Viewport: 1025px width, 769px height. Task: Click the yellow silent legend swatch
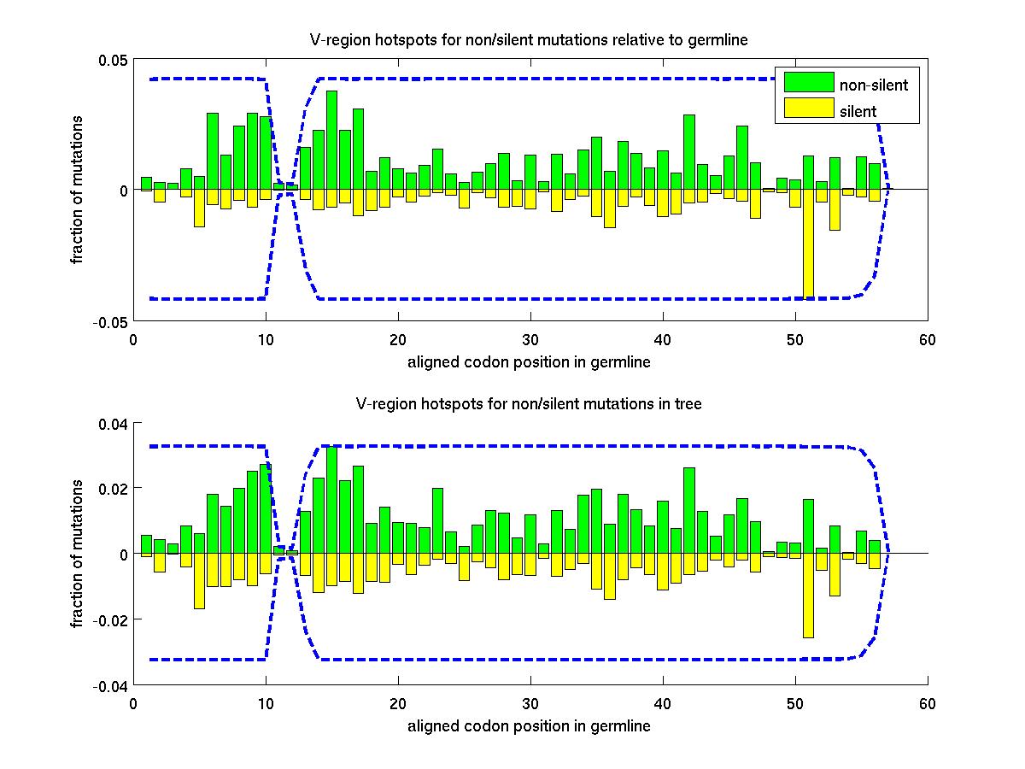click(x=808, y=108)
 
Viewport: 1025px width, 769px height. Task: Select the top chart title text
click(x=529, y=40)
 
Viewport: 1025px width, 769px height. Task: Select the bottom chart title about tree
click(x=529, y=404)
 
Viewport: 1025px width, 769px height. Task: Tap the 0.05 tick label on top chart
click(x=111, y=60)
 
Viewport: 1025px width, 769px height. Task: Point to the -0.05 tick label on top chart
click(x=108, y=321)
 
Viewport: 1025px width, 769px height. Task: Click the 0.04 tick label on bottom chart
click(x=111, y=423)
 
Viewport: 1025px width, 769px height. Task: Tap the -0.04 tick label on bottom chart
click(x=108, y=685)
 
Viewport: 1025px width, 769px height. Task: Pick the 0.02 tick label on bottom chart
click(x=111, y=489)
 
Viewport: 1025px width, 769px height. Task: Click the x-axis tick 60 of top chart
click(x=928, y=340)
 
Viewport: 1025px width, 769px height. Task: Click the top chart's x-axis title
click(x=529, y=362)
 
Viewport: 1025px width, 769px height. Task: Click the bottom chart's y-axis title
click(x=78, y=554)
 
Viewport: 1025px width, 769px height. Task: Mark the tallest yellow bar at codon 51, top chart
click(x=808, y=244)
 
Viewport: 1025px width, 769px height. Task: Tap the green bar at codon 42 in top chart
click(x=688, y=152)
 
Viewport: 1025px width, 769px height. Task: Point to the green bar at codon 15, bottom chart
click(x=331, y=500)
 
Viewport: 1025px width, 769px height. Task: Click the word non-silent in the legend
click(x=873, y=85)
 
